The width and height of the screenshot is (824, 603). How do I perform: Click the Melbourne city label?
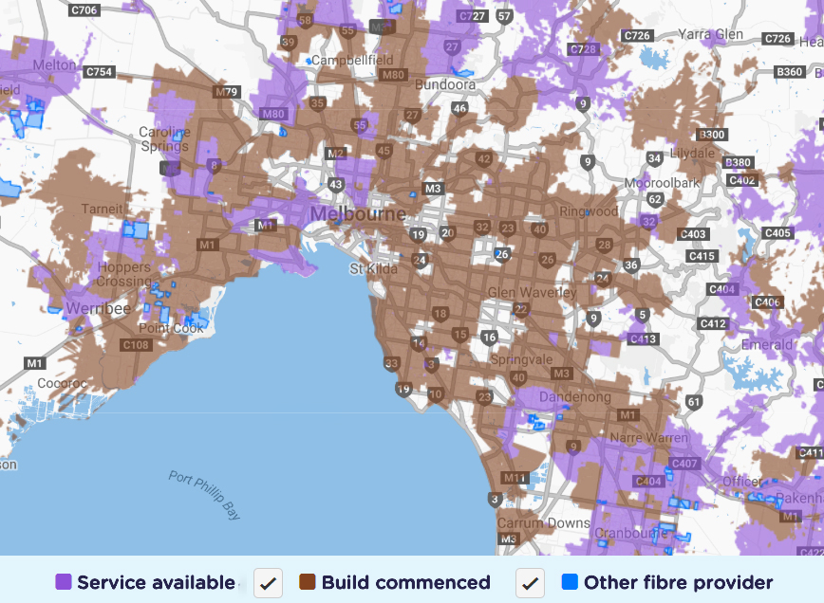click(358, 212)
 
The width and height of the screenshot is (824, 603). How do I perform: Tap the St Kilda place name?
click(371, 268)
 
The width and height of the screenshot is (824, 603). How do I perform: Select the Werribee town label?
click(98, 309)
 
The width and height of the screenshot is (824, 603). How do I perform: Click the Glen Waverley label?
click(531, 292)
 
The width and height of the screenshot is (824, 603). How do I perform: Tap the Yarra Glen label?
click(709, 34)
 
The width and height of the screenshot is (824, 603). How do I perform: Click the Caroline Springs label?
click(164, 139)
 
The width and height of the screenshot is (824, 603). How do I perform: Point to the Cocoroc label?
click(62, 384)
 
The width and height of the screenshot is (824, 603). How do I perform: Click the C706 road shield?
click(84, 10)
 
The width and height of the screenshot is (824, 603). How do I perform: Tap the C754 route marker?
click(98, 72)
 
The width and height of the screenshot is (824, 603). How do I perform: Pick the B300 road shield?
click(711, 135)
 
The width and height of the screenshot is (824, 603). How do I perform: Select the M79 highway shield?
click(227, 92)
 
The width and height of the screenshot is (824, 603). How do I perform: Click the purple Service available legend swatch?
click(64, 582)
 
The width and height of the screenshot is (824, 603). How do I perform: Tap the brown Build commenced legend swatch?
click(308, 582)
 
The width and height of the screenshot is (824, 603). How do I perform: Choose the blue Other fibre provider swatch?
click(570, 582)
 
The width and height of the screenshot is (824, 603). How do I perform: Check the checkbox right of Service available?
click(268, 583)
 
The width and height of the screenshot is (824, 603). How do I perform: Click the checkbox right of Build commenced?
click(530, 583)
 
